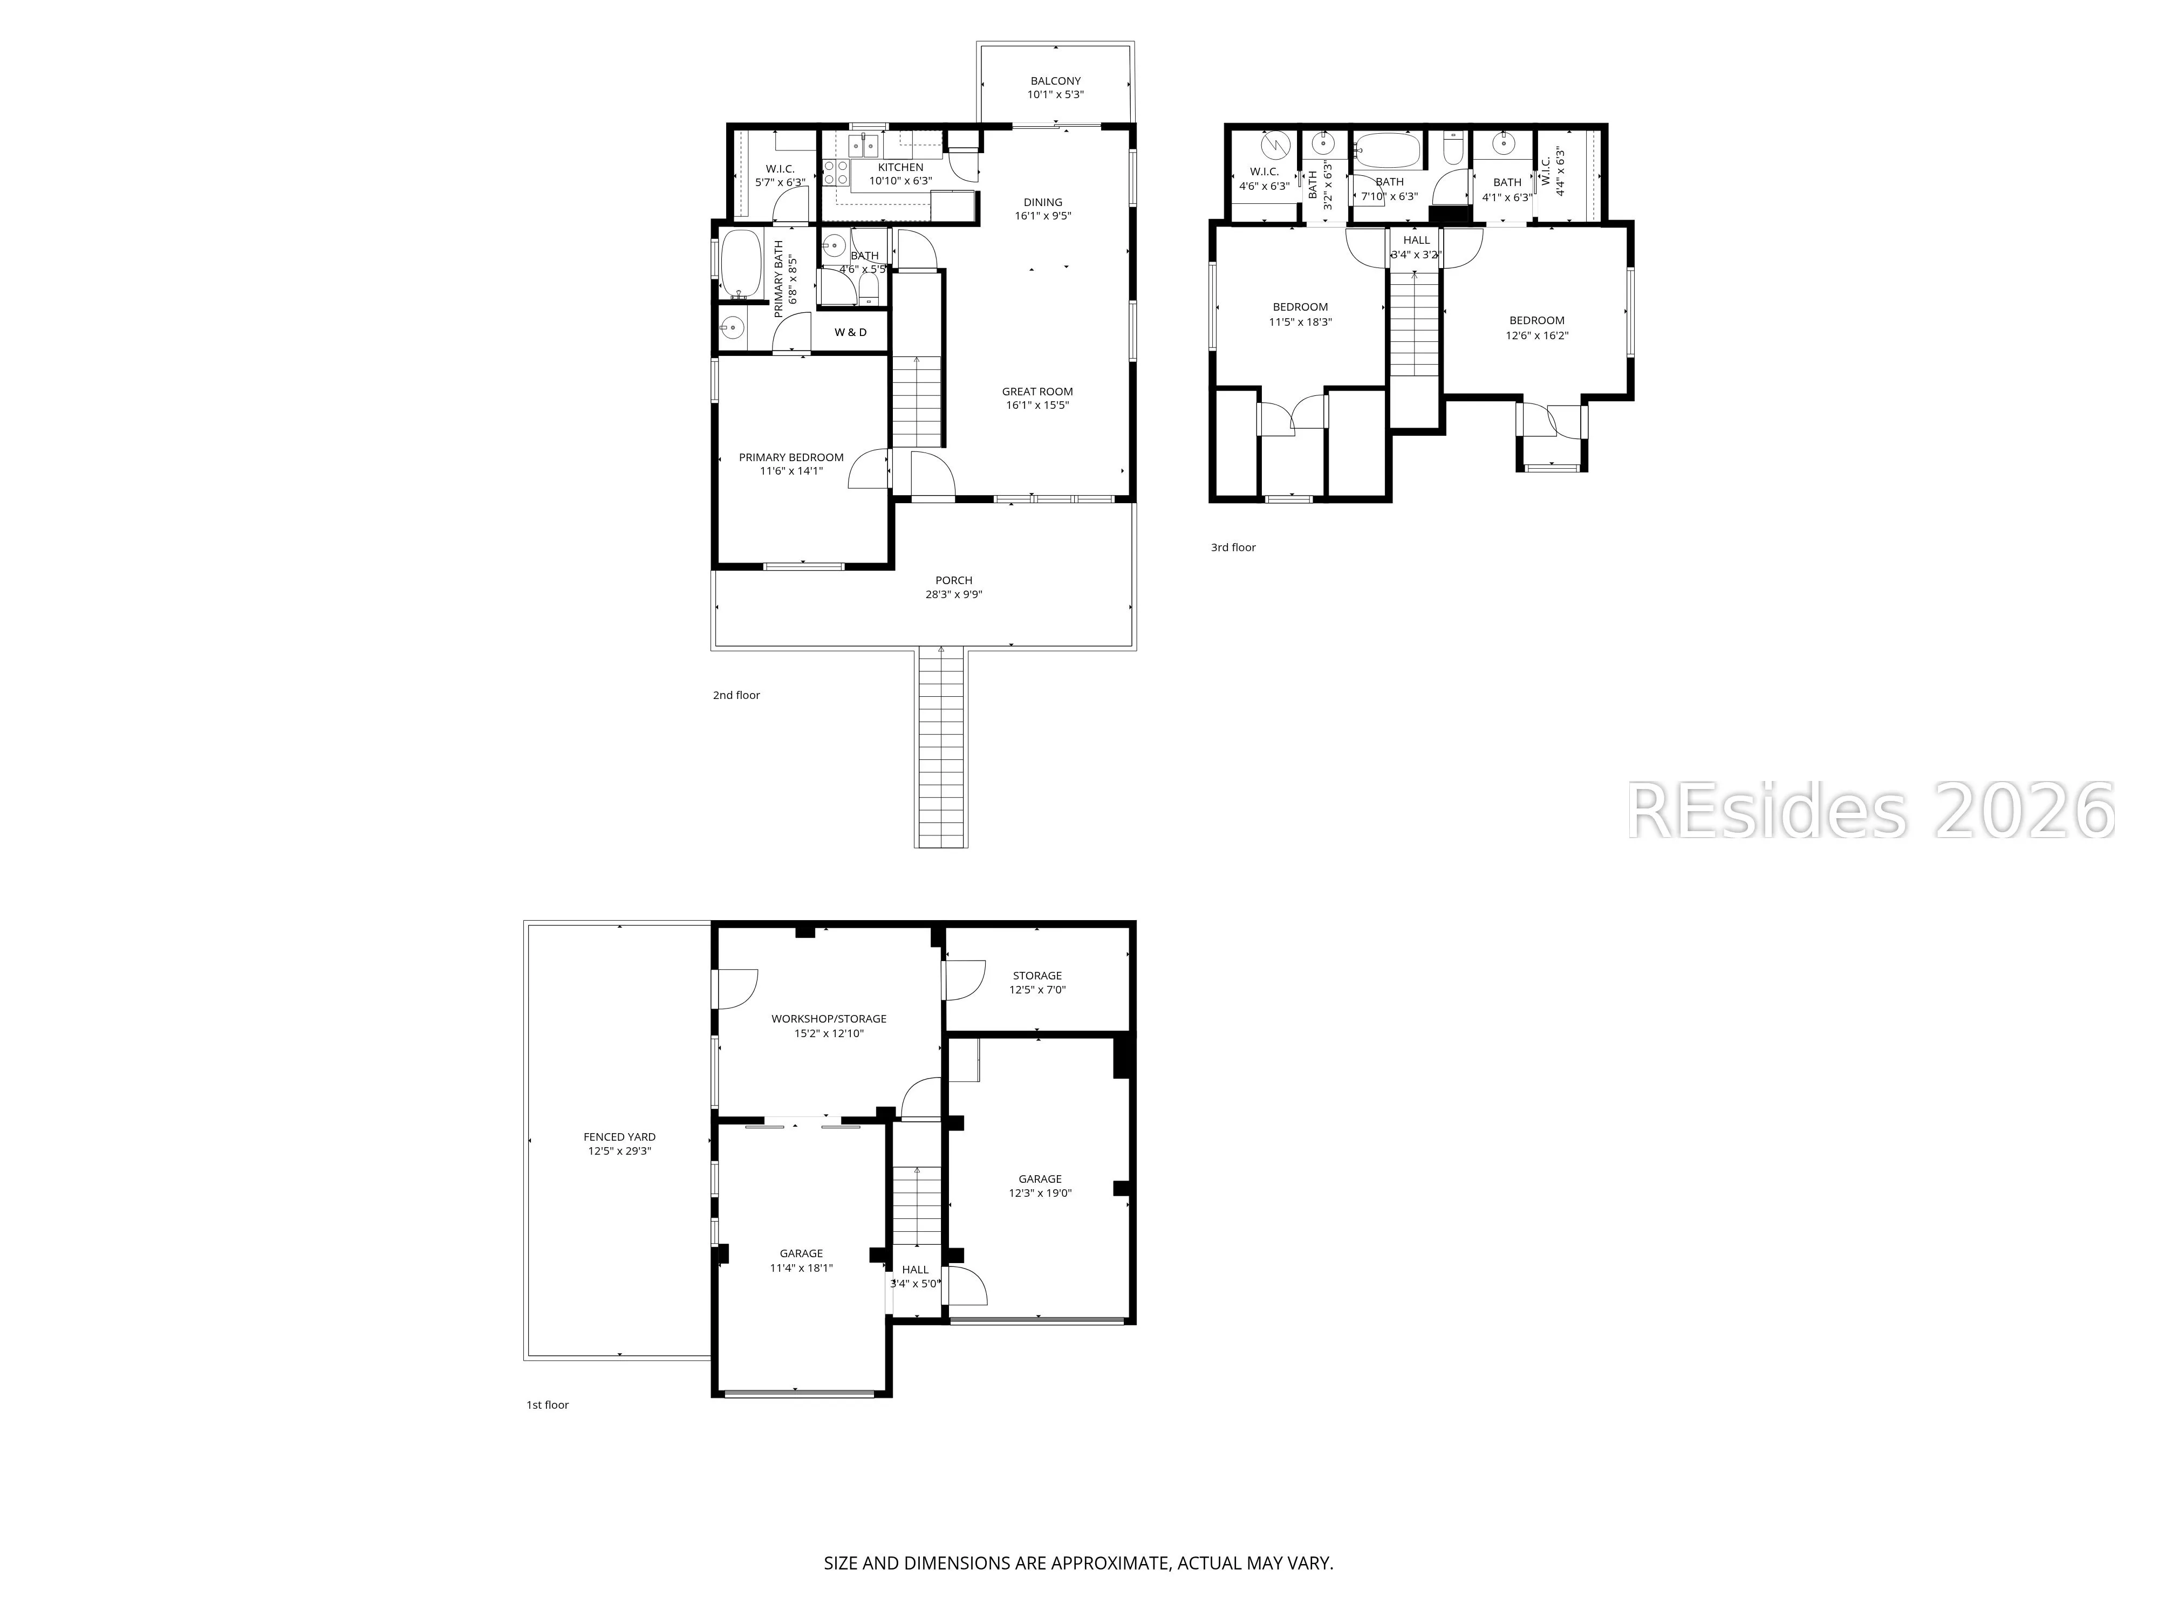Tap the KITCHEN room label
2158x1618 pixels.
[x=900, y=168]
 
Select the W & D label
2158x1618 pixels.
[x=851, y=333]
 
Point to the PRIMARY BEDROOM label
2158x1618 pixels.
[x=791, y=457]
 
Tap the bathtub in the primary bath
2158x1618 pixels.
[x=741, y=263]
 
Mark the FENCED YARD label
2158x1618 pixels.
[x=619, y=1137]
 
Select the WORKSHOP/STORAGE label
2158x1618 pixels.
[x=829, y=1019]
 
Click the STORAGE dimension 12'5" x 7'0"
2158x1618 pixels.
[x=1037, y=990]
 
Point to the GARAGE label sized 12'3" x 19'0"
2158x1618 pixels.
[x=1040, y=1179]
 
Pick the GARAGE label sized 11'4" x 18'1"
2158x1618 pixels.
[x=801, y=1254]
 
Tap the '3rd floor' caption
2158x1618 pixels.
[x=1233, y=548]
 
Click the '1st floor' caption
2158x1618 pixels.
[x=547, y=1406]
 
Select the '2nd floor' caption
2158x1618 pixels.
[x=736, y=695]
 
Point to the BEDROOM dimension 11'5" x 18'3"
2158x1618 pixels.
[x=1300, y=322]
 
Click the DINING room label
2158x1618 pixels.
[x=1043, y=203]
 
